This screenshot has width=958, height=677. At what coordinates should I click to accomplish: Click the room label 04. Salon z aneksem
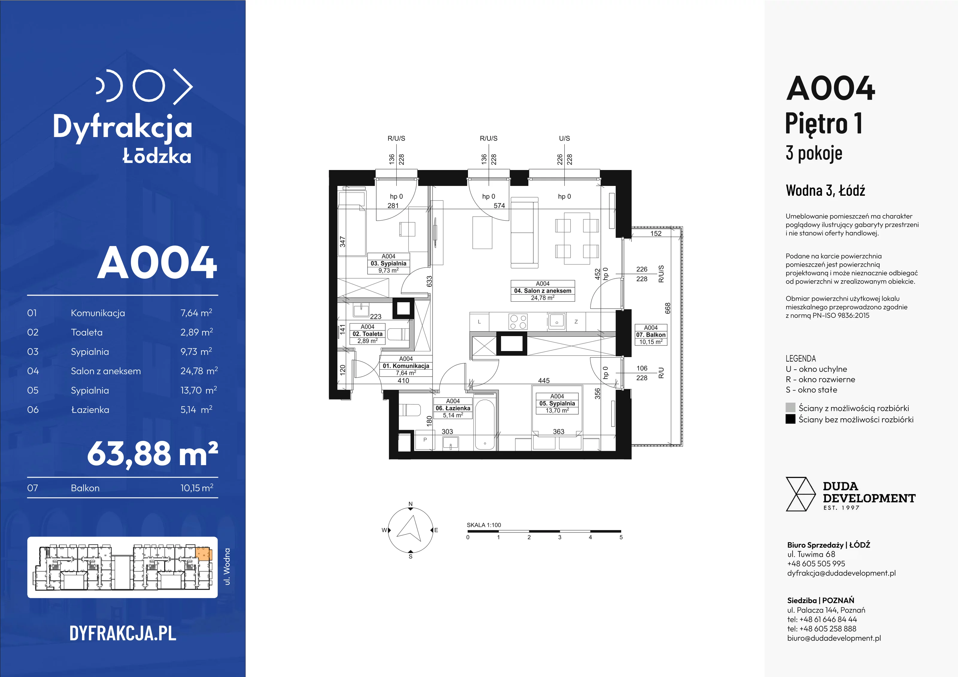tap(542, 291)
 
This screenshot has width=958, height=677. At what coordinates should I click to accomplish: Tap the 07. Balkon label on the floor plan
tap(651, 335)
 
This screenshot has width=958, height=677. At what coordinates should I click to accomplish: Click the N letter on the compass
tap(410, 504)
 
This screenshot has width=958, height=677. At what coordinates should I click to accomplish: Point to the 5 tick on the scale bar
tap(621, 537)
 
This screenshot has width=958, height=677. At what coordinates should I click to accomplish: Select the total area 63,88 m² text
tap(152, 454)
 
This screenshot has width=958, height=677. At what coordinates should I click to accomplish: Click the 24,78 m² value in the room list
tap(199, 371)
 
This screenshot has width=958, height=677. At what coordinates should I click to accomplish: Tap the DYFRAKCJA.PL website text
tap(123, 633)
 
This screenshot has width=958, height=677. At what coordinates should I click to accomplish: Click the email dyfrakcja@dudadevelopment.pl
tap(841, 573)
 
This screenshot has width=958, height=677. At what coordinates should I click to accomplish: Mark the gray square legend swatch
tap(790, 408)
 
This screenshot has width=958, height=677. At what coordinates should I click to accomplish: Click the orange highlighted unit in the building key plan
tap(204, 554)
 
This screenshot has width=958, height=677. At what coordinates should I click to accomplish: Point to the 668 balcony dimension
tap(668, 308)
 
